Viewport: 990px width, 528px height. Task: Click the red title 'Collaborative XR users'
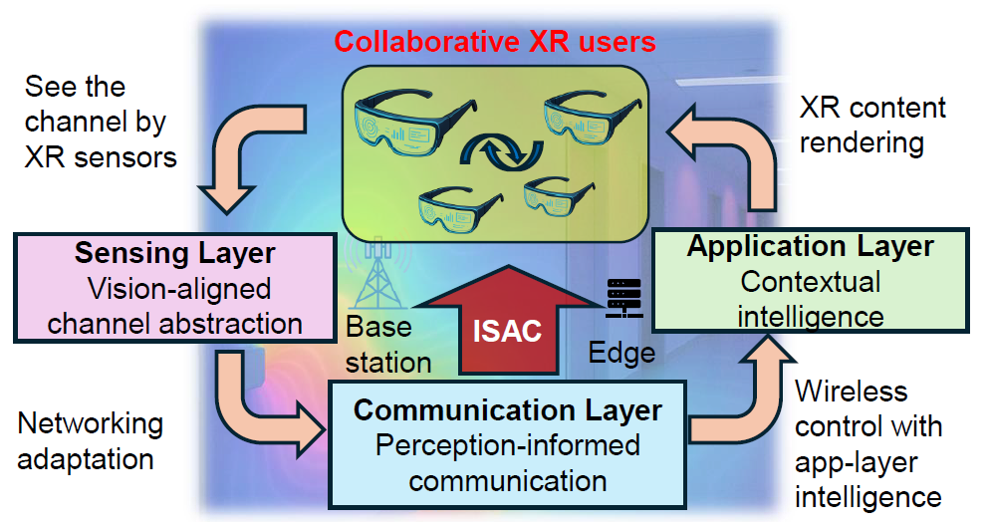point(494,42)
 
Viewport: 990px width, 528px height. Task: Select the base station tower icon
point(377,272)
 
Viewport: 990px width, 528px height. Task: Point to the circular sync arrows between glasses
point(502,151)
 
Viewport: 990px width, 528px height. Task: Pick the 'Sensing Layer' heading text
point(175,253)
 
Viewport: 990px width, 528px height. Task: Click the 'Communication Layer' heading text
point(508,409)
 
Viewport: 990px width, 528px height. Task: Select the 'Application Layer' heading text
point(810,246)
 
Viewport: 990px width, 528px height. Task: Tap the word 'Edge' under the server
point(621,353)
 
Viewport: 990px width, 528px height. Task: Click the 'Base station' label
point(388,345)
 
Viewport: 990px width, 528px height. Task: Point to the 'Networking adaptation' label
point(91,441)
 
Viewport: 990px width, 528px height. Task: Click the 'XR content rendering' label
point(872,126)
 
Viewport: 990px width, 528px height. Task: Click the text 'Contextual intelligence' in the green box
point(810,300)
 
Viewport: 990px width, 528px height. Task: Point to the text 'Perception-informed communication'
point(508,463)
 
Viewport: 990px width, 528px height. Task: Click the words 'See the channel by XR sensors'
point(101,122)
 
